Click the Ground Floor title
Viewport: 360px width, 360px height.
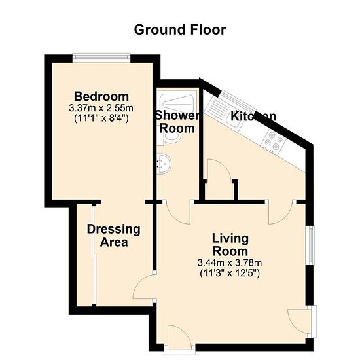(180, 30)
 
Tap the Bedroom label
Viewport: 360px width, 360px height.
(101, 96)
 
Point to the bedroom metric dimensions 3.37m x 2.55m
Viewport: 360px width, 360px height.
(101, 108)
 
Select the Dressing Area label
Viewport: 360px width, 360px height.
(114, 236)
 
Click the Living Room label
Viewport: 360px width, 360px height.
(230, 245)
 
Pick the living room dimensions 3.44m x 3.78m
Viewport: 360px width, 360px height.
(230, 263)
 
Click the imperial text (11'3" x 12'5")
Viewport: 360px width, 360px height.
(230, 274)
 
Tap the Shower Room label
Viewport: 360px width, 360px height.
(177, 122)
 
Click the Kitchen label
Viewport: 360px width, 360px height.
(253, 116)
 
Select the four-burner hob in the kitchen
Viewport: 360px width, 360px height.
(274, 142)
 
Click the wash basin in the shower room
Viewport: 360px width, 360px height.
(164, 164)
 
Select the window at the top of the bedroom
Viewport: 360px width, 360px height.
(101, 58)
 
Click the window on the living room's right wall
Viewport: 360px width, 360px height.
(311, 245)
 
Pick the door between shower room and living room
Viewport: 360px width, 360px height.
(177, 212)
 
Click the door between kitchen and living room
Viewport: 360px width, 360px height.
(281, 212)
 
